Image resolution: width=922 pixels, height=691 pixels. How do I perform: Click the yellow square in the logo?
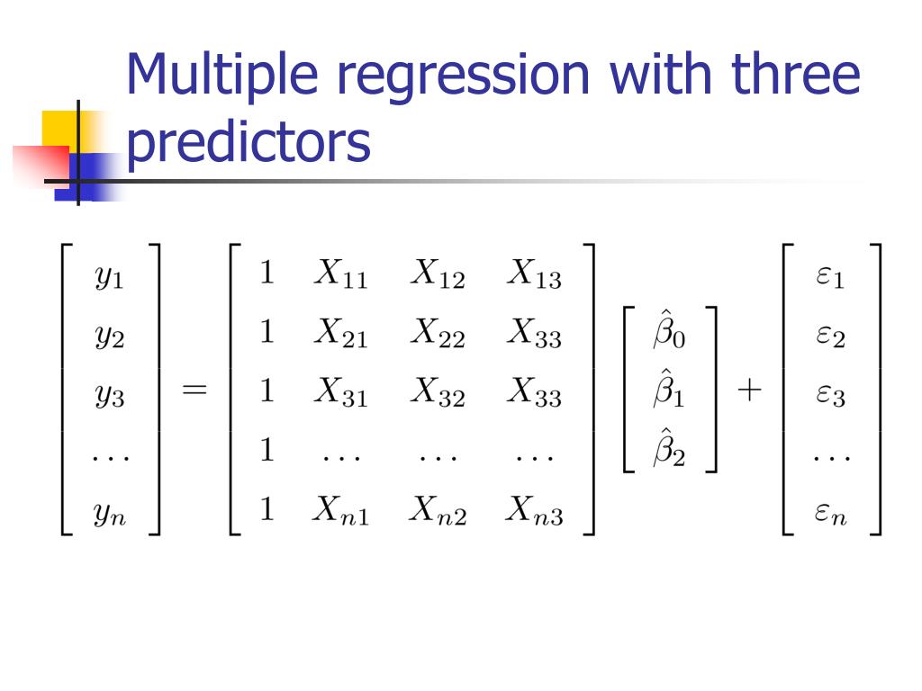[x=57, y=128]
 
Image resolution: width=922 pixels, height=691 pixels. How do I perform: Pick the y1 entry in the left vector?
[x=110, y=278]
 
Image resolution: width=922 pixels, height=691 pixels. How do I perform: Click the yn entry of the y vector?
[x=110, y=514]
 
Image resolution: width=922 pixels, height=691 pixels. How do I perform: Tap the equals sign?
[x=194, y=391]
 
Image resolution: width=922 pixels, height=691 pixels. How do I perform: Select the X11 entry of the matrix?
[x=340, y=274]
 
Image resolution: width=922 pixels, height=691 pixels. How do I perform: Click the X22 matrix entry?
[x=438, y=334]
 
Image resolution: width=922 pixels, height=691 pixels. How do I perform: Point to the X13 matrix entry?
[x=534, y=274]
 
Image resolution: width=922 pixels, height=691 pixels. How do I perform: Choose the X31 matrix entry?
[x=340, y=393]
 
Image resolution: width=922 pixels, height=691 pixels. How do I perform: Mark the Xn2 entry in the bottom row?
[x=438, y=512]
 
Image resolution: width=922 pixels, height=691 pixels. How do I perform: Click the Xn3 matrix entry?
[x=534, y=512]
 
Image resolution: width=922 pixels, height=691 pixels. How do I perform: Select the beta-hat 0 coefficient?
[x=668, y=332]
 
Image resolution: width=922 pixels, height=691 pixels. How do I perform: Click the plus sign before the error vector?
[x=748, y=391]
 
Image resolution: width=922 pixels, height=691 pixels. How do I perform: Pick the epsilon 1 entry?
[x=830, y=277]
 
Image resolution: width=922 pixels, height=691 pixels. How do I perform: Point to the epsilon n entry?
[x=830, y=515]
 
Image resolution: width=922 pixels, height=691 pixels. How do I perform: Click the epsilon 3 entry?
[x=830, y=396]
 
